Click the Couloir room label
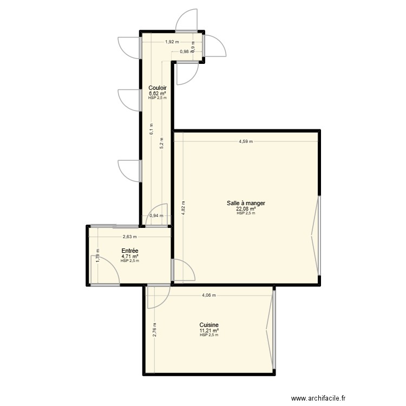158,88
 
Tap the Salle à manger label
246,204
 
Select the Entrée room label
130,251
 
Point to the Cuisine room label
209,325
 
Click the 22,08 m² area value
246,209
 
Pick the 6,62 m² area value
158,93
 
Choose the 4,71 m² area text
130,256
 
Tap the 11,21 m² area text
209,331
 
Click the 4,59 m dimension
246,142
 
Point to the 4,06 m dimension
209,296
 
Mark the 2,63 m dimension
129,237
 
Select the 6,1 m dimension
153,128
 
